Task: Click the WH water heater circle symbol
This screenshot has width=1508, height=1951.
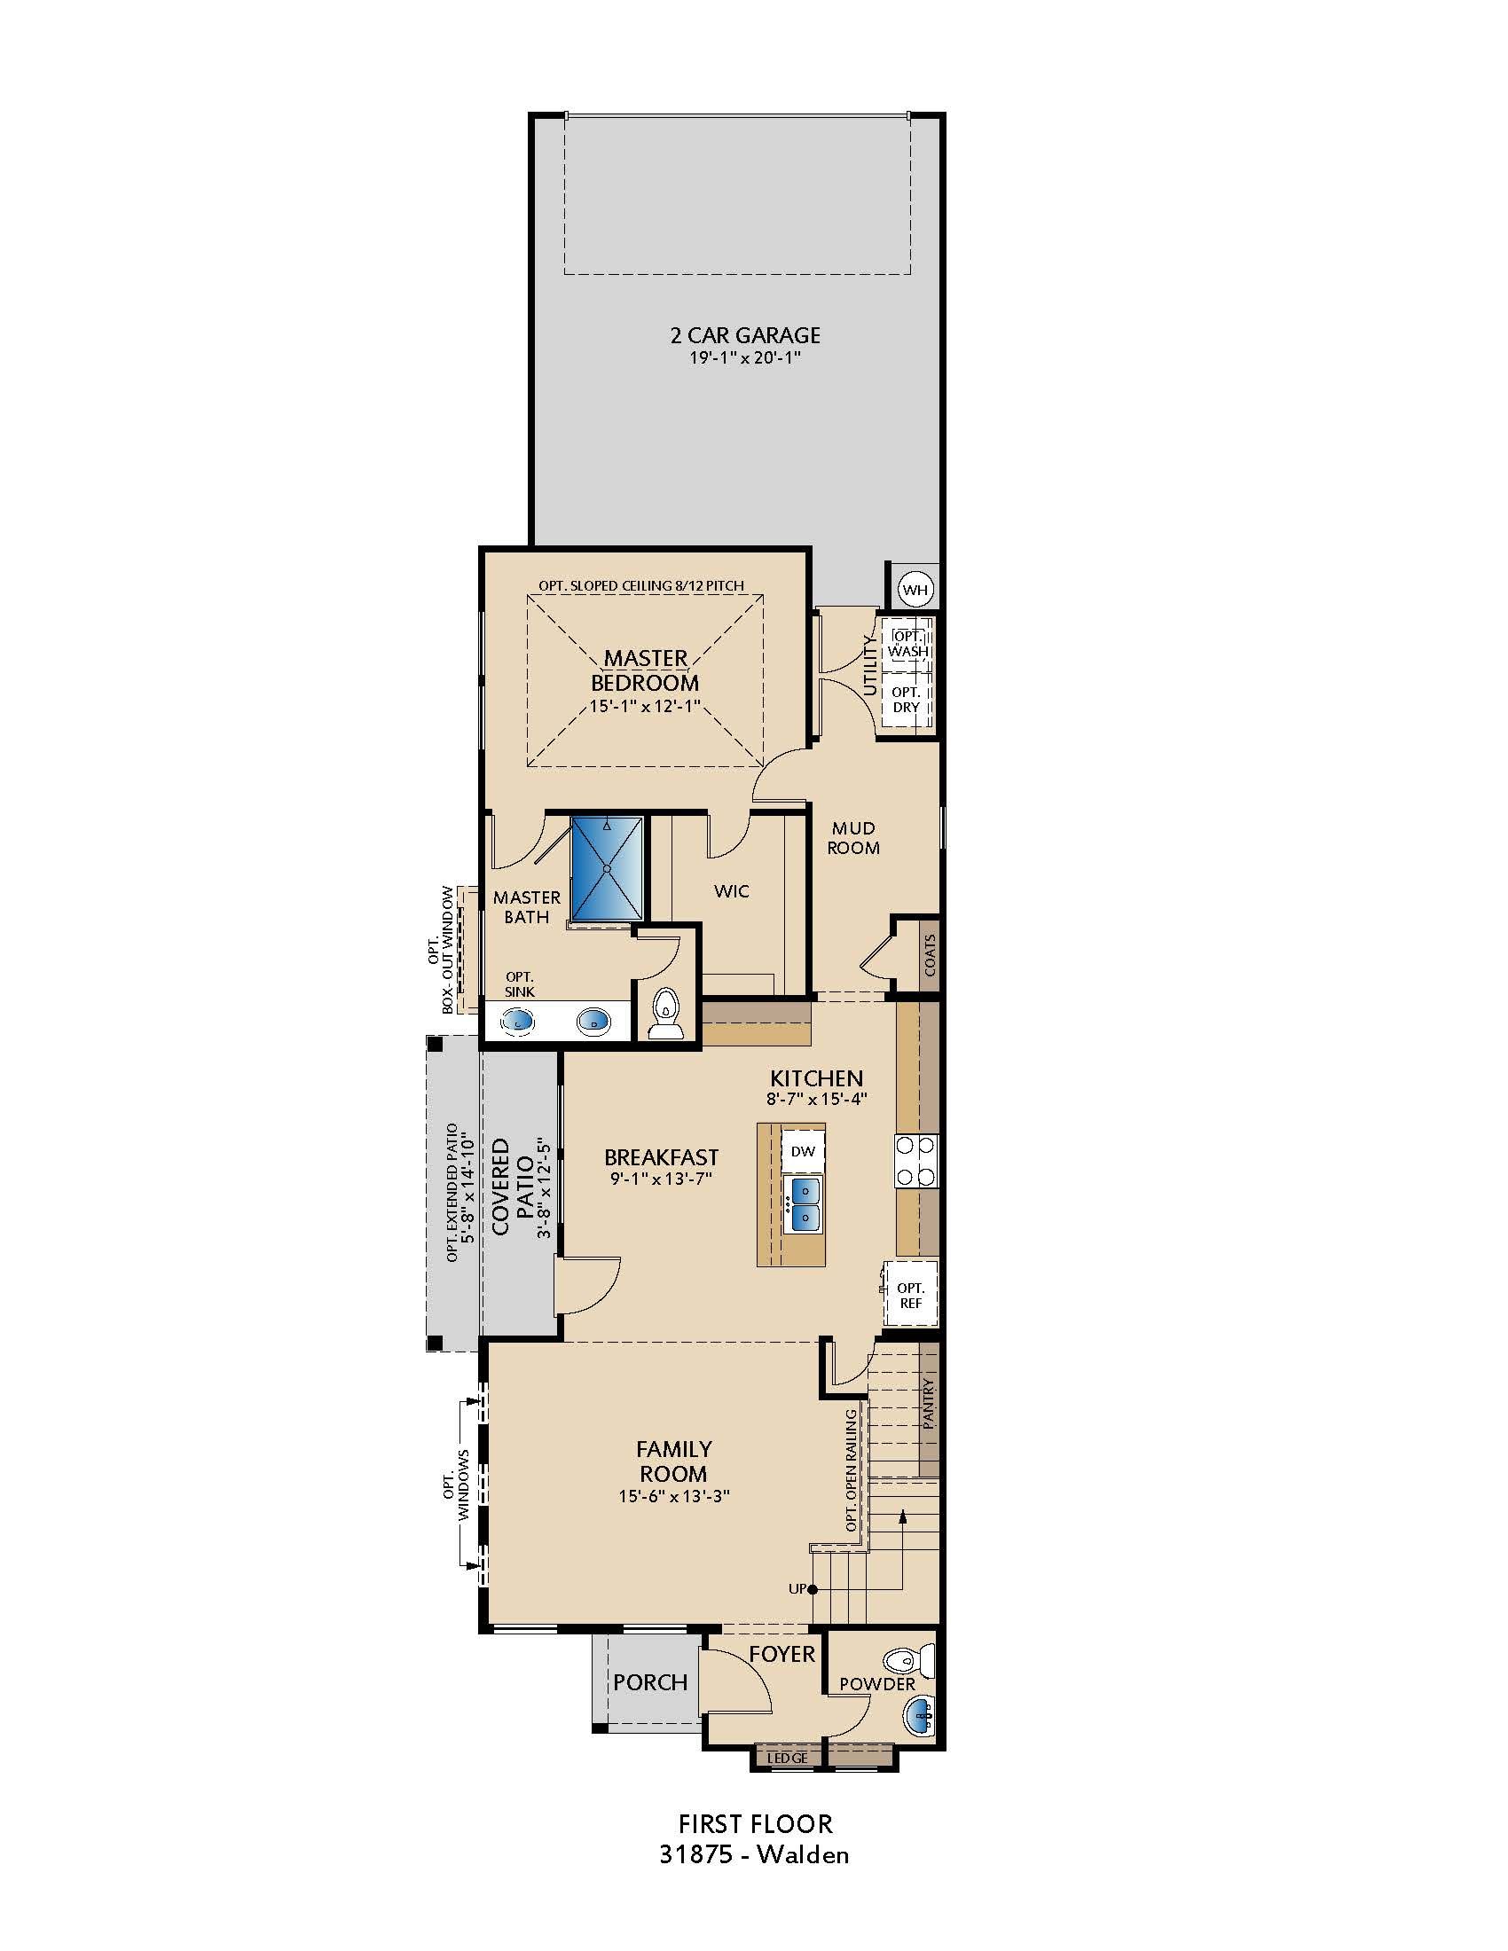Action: coord(915,590)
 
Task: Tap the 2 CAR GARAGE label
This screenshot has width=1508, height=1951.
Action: coord(744,336)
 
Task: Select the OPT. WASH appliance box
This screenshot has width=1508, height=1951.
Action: coord(907,644)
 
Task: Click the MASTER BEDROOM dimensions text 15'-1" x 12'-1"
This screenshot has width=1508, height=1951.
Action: coord(644,707)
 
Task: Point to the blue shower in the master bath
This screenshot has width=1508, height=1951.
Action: coord(607,867)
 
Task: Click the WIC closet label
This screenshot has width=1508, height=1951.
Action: coord(731,890)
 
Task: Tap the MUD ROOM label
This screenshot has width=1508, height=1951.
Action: coord(852,838)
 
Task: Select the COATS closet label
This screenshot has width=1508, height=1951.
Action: coord(929,954)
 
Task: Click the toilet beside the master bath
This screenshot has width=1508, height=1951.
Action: coord(664,1015)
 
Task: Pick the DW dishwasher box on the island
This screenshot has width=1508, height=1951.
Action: coord(802,1151)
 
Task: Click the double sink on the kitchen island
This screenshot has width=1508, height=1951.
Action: coord(802,1203)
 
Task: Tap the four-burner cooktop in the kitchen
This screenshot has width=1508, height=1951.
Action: coord(915,1161)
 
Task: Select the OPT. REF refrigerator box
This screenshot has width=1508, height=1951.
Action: coord(910,1296)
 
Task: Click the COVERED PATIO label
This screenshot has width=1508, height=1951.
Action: coord(512,1187)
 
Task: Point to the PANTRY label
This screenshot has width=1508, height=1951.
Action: coord(929,1406)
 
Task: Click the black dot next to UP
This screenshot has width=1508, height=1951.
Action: coord(812,1589)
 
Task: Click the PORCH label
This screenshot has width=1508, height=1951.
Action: coord(649,1682)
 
